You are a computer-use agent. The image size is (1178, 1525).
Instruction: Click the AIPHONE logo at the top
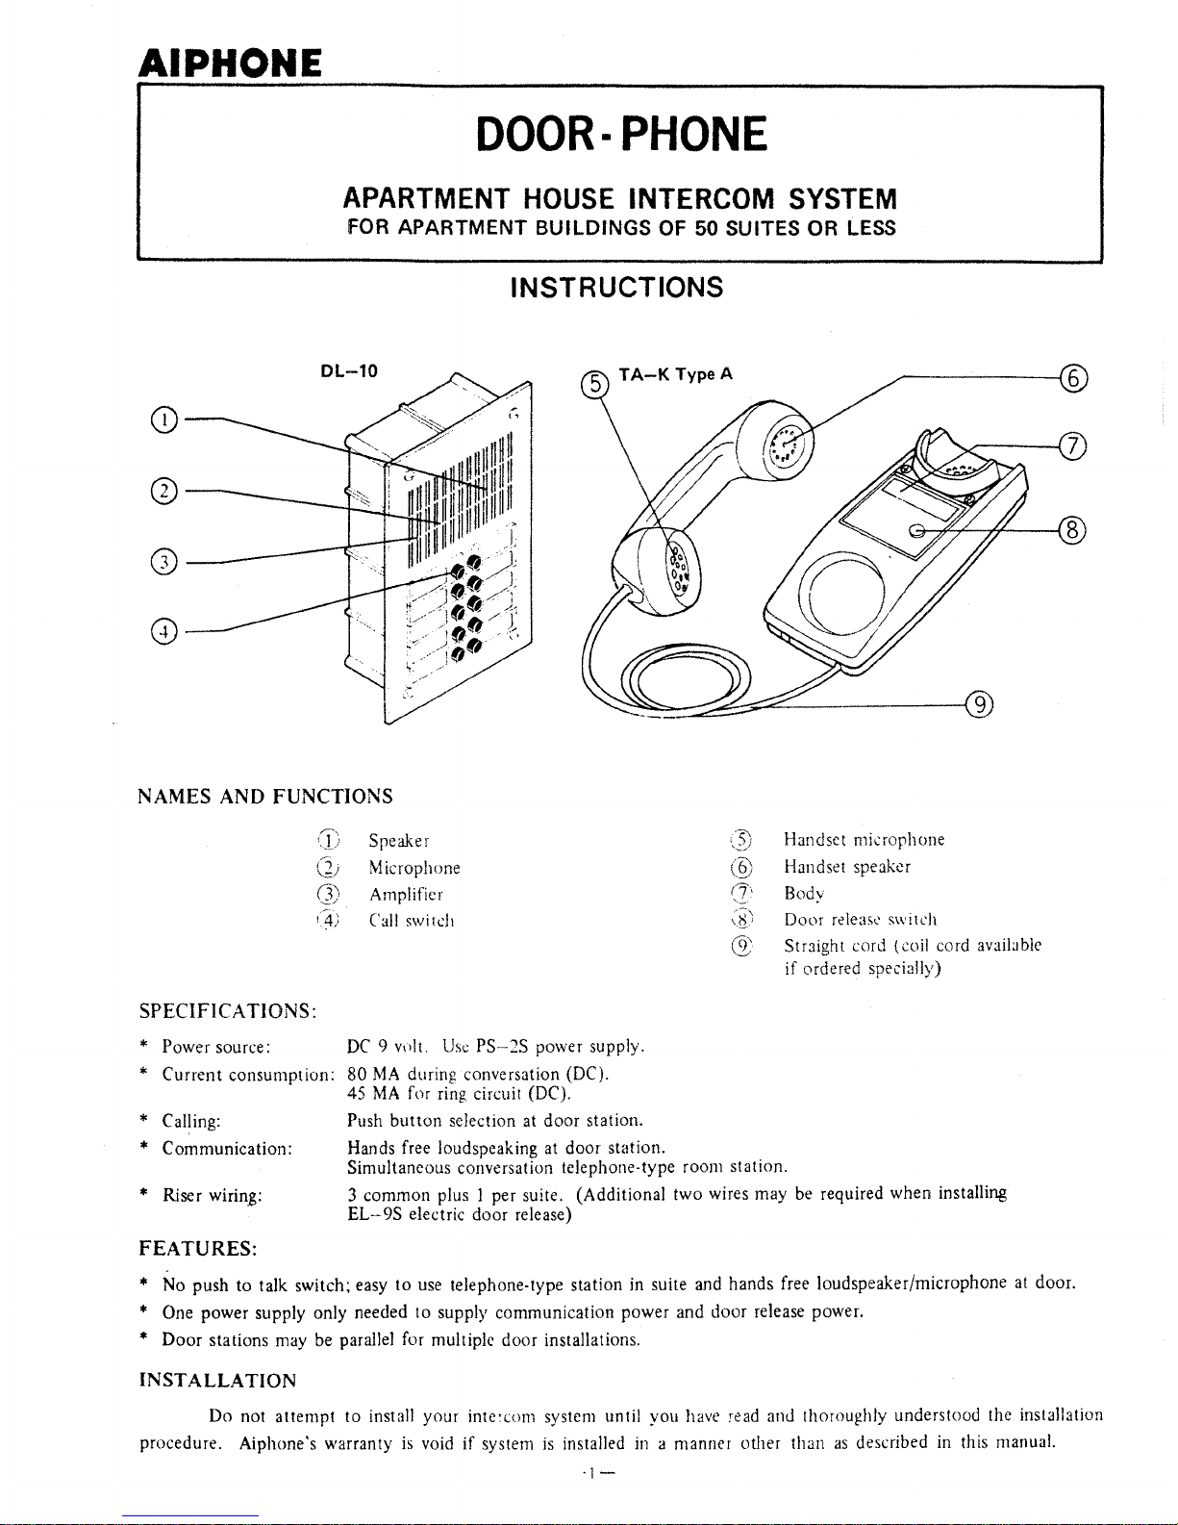(230, 64)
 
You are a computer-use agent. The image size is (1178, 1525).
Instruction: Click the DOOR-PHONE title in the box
(621, 134)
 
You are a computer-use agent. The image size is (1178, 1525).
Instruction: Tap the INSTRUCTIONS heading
(616, 287)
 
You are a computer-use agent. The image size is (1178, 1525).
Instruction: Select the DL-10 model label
(349, 371)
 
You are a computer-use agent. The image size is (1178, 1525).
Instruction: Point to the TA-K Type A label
(675, 374)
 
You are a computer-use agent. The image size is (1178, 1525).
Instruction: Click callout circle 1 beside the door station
(164, 419)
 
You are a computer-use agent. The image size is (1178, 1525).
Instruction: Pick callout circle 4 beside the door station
(164, 631)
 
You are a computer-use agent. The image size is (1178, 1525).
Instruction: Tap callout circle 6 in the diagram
(1073, 377)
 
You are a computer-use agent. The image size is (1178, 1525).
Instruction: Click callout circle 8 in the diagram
(1072, 530)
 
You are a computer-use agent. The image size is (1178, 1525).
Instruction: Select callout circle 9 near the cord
(980, 704)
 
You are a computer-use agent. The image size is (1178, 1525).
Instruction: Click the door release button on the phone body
(916, 531)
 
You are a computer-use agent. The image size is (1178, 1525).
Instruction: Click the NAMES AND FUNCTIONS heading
(265, 797)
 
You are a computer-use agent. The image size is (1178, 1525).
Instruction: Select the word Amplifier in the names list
(406, 895)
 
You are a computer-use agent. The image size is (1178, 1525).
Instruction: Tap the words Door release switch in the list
(861, 920)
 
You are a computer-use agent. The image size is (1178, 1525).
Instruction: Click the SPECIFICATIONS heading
(228, 1011)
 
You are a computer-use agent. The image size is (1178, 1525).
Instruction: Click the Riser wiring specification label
(213, 1195)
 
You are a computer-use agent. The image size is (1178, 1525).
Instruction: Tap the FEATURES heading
(198, 1249)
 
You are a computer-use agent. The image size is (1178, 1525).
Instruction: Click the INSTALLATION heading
(218, 1381)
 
